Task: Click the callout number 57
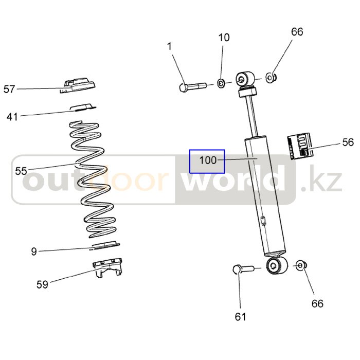pos(9,89)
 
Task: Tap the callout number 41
pos(12,117)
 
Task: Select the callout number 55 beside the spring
pos(21,171)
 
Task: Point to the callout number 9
pos(34,251)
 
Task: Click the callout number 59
pos(42,285)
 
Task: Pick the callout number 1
pos(169,47)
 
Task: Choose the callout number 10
pos(224,38)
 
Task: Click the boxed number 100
pos(208,160)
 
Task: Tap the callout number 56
pos(348,142)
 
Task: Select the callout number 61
pos(240,317)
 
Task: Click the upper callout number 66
pos(297,32)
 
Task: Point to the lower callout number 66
pos(317,303)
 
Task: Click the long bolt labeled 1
pos(193,87)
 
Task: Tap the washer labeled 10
pos(221,83)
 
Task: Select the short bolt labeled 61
pos(243,268)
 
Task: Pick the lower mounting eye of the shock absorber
pos(277,266)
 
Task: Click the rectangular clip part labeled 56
pos(300,146)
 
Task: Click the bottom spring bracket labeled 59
pos(107,268)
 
